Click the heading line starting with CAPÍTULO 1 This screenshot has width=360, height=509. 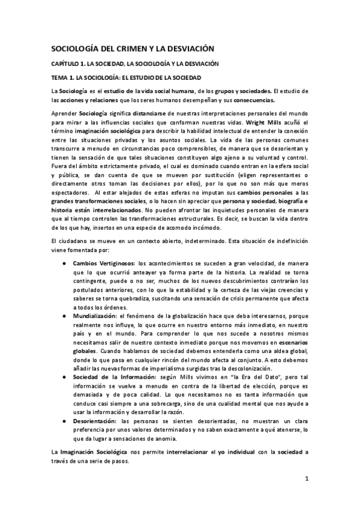click(x=133, y=64)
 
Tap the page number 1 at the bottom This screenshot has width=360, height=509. click(x=306, y=479)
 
